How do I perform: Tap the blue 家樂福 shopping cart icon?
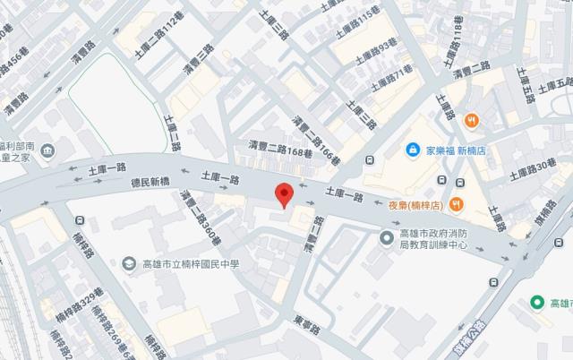pos(413,150)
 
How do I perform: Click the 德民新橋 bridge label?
pos(138,182)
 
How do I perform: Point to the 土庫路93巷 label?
pos(375,51)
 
